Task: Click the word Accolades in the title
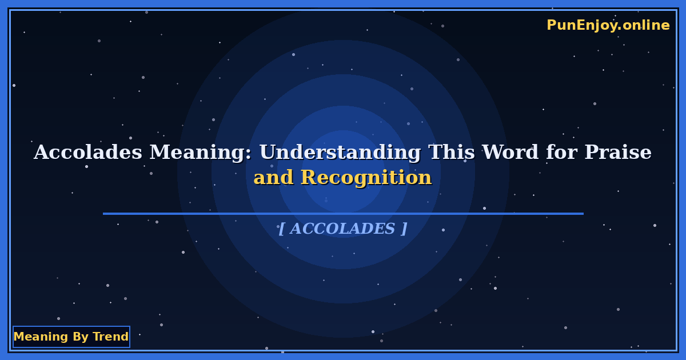point(88,153)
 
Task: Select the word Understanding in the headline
point(340,153)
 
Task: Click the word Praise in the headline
point(617,153)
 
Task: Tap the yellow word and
point(273,178)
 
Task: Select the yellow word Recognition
point(366,178)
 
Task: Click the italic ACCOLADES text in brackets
point(342,229)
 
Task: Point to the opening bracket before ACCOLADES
point(281,229)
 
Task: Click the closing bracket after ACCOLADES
point(404,229)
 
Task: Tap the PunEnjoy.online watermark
point(608,25)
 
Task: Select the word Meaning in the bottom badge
point(41,337)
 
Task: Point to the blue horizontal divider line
point(343,214)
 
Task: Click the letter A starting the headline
point(40,153)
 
